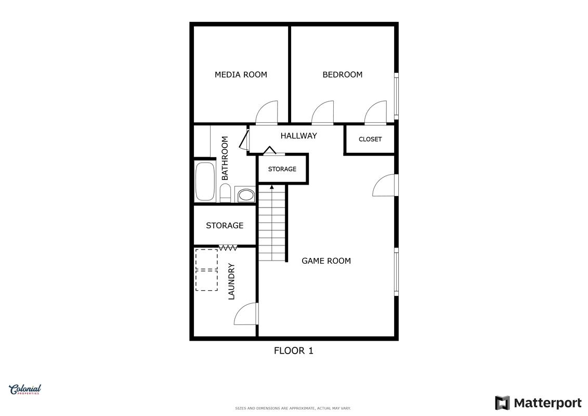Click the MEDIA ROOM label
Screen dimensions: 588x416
point(241,75)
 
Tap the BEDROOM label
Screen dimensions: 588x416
point(343,75)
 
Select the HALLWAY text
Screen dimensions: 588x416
point(298,136)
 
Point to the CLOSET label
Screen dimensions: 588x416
point(370,139)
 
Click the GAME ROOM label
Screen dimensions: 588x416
point(326,261)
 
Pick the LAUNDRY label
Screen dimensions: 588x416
point(231,281)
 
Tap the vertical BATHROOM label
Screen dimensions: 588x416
point(225,158)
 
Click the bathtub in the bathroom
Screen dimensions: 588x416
point(205,181)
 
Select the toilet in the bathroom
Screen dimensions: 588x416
point(225,192)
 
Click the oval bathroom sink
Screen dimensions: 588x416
point(246,195)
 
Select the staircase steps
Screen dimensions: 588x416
point(272,224)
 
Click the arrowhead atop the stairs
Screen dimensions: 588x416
point(272,187)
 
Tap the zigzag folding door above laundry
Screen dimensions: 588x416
point(228,248)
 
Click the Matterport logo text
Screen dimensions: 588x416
point(547,403)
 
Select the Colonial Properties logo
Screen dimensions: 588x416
point(25,390)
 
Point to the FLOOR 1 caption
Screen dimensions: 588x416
point(293,350)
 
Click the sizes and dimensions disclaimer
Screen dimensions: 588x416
point(293,408)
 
